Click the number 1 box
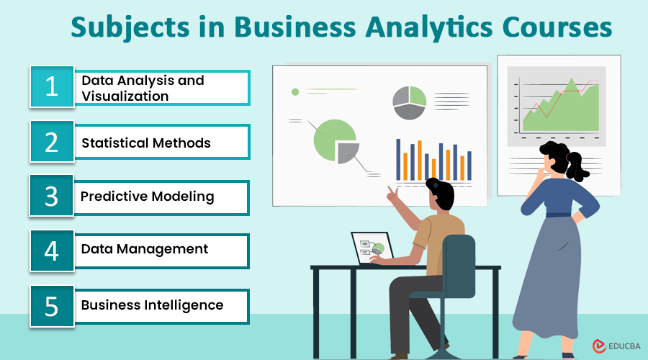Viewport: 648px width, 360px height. (52, 87)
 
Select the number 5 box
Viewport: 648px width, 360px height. (52, 306)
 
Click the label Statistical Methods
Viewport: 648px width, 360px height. (146, 143)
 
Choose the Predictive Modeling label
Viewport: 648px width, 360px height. (148, 196)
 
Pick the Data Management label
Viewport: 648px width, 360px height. (145, 249)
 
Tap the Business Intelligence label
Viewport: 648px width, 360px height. (152, 305)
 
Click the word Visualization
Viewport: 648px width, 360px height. (125, 96)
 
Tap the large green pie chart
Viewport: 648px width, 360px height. (334, 140)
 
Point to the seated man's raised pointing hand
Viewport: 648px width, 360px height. (393, 194)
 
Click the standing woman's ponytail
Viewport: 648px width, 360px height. (581, 167)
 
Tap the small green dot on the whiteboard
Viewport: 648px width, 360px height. (294, 91)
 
